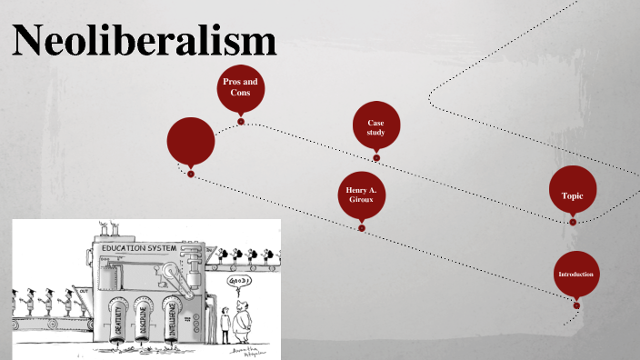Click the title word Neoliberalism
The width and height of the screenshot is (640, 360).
[x=145, y=42]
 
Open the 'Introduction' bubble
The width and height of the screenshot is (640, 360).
[x=576, y=275]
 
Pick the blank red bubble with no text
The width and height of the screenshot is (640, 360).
[x=191, y=142]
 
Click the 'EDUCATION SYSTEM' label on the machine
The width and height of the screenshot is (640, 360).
[x=140, y=247]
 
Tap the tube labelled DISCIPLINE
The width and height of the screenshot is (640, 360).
[x=144, y=322]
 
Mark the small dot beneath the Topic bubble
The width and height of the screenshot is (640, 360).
[x=573, y=222]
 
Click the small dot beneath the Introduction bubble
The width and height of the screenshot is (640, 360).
[x=576, y=305]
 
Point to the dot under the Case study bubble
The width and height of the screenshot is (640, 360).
[x=376, y=158]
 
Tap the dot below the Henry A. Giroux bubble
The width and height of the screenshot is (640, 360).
[x=362, y=228]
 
